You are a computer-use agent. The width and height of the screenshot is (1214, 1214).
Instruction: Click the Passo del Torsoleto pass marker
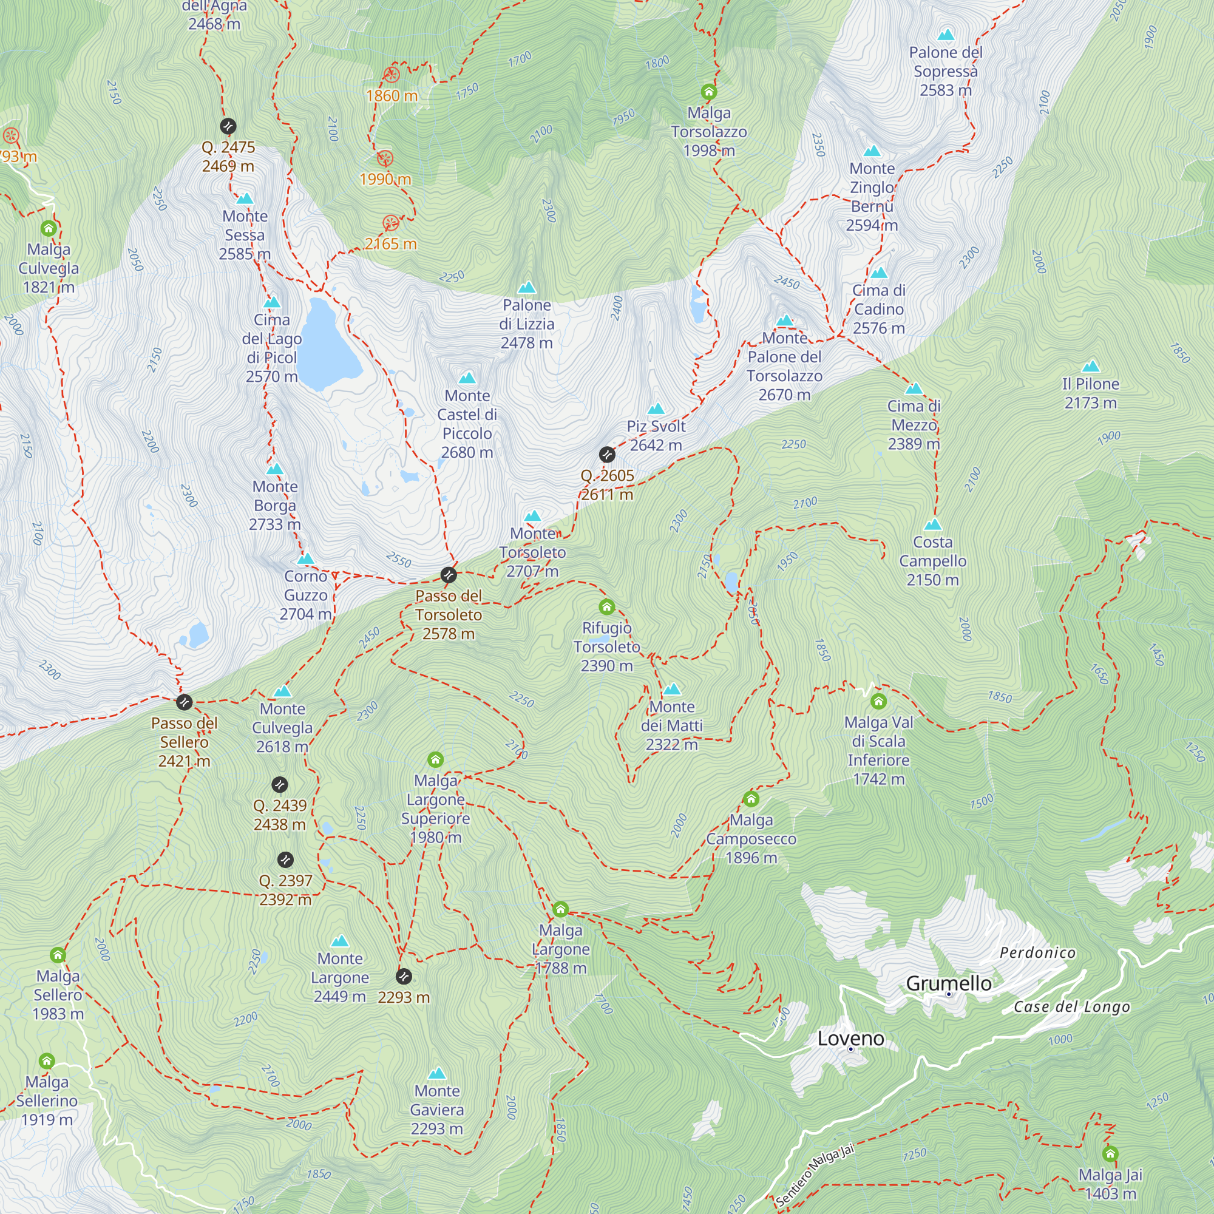click(x=448, y=574)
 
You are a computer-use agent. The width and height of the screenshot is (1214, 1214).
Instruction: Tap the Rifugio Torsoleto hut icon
click(x=606, y=607)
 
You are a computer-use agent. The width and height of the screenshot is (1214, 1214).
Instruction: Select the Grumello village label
click(x=948, y=983)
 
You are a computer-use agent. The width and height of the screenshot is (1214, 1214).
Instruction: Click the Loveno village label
click(x=850, y=1039)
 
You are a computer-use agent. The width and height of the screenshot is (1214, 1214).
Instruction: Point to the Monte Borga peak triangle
click(x=274, y=469)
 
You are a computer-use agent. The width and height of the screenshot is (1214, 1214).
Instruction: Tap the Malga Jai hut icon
click(x=1110, y=1154)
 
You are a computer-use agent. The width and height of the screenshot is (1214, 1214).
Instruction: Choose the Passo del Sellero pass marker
click(x=184, y=702)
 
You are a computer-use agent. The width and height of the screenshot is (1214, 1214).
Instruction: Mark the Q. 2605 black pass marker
click(x=607, y=454)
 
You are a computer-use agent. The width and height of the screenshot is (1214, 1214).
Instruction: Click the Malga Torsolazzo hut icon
click(x=709, y=92)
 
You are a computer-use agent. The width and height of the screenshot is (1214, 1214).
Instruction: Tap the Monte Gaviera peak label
click(x=436, y=1110)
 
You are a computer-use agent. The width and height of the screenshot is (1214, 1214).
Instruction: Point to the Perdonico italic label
click(x=1037, y=953)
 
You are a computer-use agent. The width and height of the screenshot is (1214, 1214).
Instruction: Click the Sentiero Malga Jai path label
click(x=815, y=1175)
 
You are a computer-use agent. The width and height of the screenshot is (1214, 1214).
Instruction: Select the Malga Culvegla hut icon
click(x=49, y=228)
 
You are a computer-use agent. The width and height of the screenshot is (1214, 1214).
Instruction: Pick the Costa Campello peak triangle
click(x=933, y=524)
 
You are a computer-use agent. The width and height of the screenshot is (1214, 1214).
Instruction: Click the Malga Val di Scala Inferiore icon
click(x=878, y=701)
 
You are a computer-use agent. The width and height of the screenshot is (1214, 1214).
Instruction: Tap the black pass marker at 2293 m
click(x=404, y=977)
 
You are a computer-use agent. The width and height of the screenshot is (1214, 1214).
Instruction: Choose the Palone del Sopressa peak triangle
click(x=946, y=35)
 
